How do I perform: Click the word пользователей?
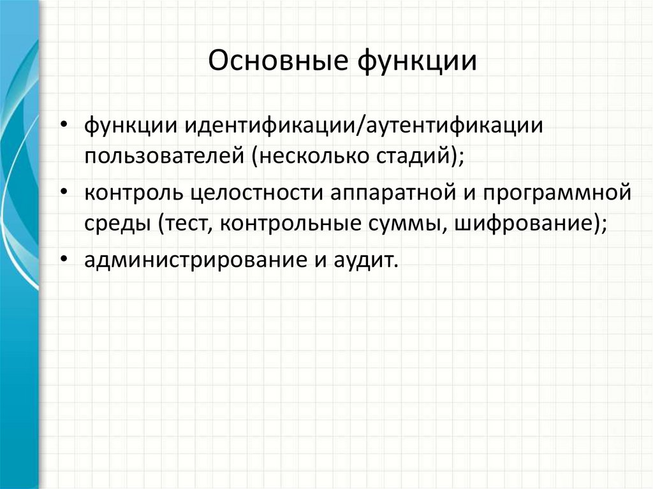pos(163,155)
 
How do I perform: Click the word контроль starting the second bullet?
pos(131,192)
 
